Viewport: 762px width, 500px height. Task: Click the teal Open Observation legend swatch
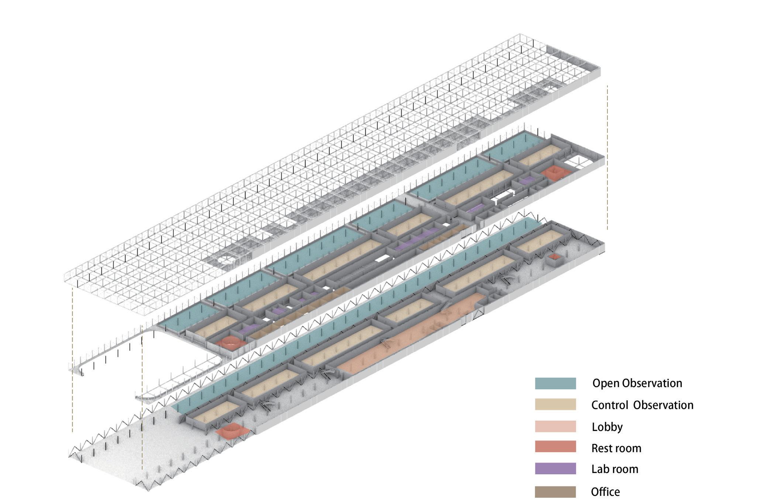[555, 383]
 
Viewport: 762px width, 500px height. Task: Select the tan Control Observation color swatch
[555, 404]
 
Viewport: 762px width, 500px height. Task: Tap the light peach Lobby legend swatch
[555, 426]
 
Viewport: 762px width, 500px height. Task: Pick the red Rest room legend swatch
[555, 447]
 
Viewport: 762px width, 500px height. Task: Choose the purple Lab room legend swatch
[555, 468]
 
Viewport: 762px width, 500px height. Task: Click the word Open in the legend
[606, 383]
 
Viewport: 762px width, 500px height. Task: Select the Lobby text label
[607, 427]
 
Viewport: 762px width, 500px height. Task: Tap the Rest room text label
[616, 448]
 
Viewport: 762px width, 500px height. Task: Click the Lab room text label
[615, 469]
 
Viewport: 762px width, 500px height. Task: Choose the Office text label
[606, 492]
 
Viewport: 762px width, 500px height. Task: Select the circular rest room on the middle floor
[231, 342]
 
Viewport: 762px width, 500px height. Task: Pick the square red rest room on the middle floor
[555, 173]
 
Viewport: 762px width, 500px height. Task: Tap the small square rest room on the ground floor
[554, 257]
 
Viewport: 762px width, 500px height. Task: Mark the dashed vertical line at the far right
[607, 157]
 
